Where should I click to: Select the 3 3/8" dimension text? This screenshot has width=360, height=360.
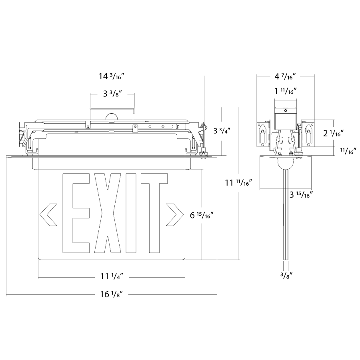(x=112, y=94)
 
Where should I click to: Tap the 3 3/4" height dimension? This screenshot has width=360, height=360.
(x=222, y=131)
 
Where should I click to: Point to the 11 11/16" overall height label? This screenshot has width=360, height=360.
(x=238, y=182)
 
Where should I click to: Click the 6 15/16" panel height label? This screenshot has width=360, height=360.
(x=202, y=215)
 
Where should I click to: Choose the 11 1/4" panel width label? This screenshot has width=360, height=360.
(x=112, y=276)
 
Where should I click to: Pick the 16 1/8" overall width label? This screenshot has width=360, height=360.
(x=112, y=294)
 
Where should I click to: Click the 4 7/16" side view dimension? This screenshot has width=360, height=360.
(x=285, y=76)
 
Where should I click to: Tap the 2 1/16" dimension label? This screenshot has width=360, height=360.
(x=333, y=133)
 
